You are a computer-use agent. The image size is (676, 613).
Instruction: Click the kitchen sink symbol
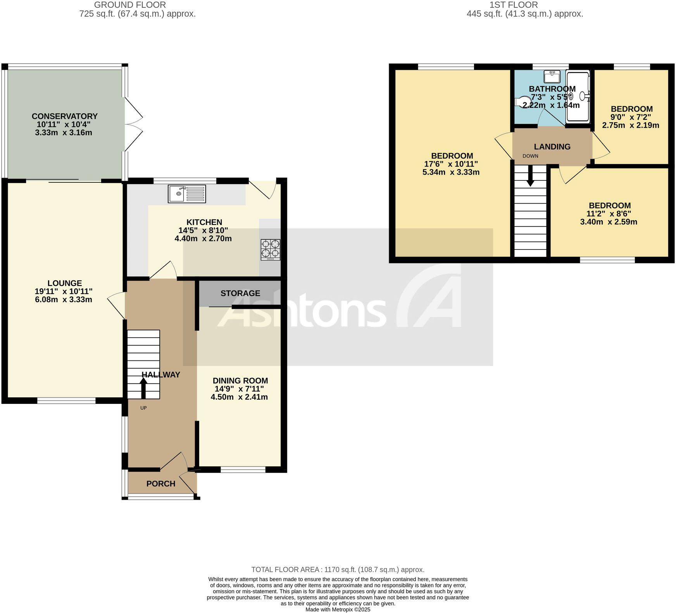point(187,194)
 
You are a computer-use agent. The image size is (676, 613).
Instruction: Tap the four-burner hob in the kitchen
point(270,249)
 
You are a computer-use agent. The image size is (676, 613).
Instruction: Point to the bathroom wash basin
point(552,76)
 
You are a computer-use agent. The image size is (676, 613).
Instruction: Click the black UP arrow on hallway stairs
point(143,388)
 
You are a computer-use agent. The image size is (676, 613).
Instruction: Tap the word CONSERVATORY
point(64,116)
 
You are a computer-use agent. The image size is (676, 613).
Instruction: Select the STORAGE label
point(240,293)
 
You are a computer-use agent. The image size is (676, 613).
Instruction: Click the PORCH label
point(161,483)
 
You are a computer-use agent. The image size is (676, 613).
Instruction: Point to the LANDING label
point(552,147)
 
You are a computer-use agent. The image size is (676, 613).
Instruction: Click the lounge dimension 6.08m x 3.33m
point(64,300)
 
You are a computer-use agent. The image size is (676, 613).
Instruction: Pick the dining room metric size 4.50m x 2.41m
point(239,397)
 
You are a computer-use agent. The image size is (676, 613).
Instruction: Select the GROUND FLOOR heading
point(130,5)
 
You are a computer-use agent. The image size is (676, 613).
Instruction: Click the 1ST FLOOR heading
point(514,5)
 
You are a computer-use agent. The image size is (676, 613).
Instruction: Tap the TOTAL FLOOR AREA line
point(338,570)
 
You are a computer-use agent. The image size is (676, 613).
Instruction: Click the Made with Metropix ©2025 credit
point(338,610)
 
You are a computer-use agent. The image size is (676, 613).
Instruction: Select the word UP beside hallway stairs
point(143,408)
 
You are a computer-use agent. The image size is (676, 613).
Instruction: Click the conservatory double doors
point(133,124)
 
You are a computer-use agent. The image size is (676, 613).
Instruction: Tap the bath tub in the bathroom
point(578,97)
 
